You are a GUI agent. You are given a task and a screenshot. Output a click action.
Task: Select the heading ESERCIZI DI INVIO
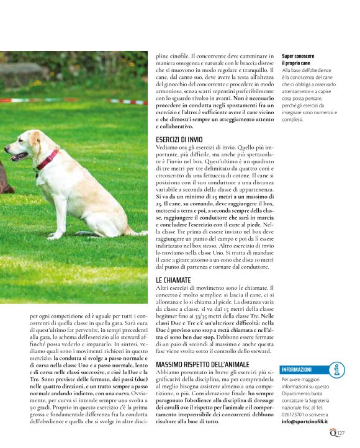(180, 140)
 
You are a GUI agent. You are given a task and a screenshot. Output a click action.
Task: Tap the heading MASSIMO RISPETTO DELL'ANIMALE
(202, 364)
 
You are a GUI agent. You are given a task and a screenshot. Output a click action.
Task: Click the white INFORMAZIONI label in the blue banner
(297, 369)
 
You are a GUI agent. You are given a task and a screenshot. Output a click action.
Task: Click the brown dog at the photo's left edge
(3, 183)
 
